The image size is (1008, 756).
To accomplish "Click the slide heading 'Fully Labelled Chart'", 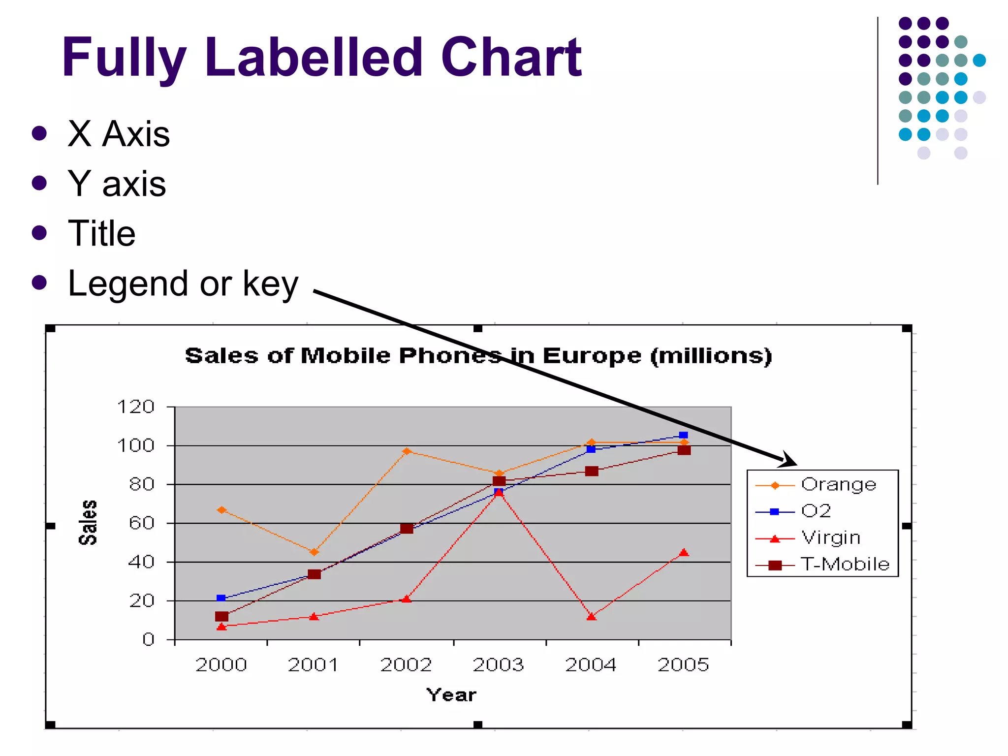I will click(322, 58).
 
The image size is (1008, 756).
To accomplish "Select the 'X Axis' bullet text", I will click(119, 134).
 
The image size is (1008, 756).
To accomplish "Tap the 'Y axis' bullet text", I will click(117, 184).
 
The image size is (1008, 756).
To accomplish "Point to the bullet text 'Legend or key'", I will click(183, 283).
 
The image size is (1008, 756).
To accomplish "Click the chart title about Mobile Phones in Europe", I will click(478, 355).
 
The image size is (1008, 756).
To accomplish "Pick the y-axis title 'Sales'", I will click(88, 523).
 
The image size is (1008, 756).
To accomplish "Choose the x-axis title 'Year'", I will click(451, 695).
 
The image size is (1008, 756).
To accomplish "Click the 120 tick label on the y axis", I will click(136, 407).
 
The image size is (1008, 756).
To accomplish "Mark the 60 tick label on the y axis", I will click(142, 523).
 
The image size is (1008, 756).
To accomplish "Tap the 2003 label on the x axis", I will click(499, 665).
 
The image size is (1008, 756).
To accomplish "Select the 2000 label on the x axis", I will click(221, 665).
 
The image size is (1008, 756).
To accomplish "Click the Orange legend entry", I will click(839, 485).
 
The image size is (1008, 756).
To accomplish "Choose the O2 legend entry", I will click(816, 511).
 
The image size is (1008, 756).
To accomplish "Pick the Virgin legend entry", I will click(831, 537).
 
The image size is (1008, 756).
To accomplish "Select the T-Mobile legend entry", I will click(845, 564).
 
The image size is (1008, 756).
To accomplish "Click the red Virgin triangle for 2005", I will click(684, 553).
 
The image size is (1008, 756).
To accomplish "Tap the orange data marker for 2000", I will click(221, 510).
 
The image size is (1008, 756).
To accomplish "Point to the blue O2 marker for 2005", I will click(683, 435).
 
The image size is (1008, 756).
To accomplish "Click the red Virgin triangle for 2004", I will click(591, 616).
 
